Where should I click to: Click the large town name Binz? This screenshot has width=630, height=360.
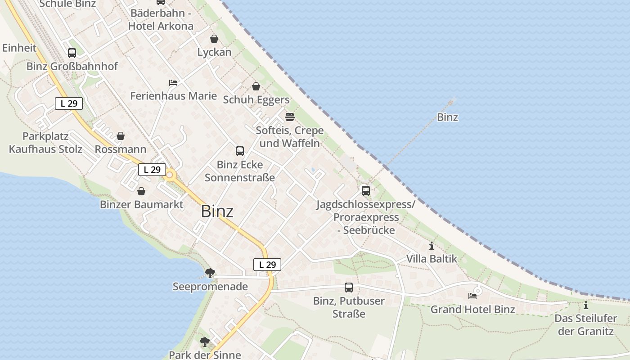[x=217, y=211]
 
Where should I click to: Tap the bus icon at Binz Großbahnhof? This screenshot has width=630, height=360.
[x=72, y=53]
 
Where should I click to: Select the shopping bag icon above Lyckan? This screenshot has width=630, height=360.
[x=214, y=39]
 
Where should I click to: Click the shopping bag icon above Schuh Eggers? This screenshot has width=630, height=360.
[x=256, y=86]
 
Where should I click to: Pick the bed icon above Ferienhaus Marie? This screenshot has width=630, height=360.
[x=173, y=83]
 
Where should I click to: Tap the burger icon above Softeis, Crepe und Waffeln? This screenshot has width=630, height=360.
[x=290, y=117]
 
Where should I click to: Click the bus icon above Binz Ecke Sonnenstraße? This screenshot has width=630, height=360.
[x=240, y=151]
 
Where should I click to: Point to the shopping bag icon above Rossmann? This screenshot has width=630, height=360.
[x=121, y=136]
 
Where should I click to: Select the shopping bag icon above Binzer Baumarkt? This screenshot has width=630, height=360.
[x=141, y=191]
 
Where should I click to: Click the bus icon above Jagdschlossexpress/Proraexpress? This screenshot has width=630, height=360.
[x=366, y=191]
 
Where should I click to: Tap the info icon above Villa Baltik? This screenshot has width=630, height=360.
[x=432, y=246]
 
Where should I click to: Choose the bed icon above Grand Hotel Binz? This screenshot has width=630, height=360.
[x=472, y=296]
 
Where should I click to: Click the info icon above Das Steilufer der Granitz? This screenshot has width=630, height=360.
[x=586, y=306]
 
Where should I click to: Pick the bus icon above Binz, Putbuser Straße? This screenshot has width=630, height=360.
[x=349, y=288]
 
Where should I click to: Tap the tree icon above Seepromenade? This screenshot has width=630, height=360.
[x=210, y=273]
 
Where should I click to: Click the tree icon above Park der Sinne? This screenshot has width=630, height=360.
[x=205, y=342]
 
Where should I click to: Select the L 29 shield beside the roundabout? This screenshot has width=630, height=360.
[x=152, y=170]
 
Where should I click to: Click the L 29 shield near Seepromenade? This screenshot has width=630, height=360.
[x=267, y=265]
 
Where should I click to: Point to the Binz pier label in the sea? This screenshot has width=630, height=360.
[x=447, y=117]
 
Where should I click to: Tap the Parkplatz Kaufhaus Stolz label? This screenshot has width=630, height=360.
[x=45, y=143]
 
